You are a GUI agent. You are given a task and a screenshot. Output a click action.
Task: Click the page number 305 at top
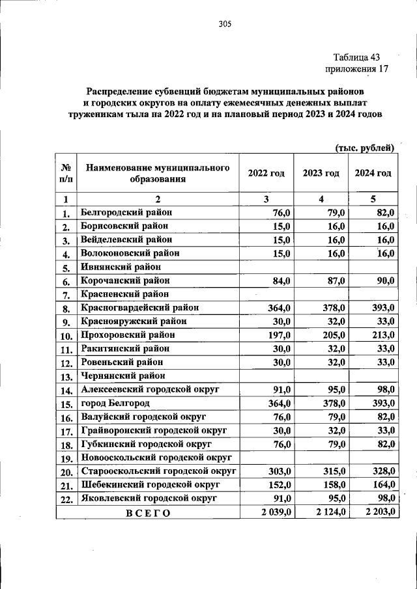pos(225,25)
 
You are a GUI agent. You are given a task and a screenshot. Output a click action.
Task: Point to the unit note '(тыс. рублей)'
pos(365,148)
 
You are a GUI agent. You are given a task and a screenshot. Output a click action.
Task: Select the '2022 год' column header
pos(266,173)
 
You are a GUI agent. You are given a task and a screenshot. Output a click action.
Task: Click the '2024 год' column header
pos(373,173)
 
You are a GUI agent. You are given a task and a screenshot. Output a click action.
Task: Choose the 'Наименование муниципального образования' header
pos(157,173)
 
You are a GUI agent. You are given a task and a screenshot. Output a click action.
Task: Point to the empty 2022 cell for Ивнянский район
pos(266,267)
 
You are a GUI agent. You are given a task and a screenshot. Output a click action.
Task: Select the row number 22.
pos(66,499)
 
